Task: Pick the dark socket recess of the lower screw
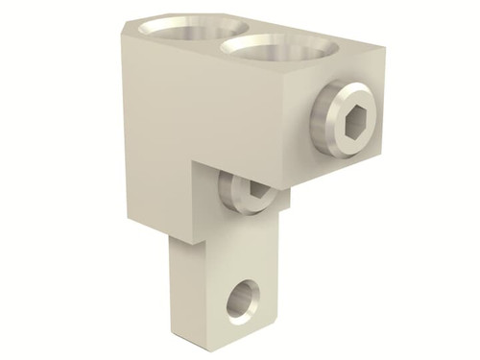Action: pyautogui.click(x=252, y=196)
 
